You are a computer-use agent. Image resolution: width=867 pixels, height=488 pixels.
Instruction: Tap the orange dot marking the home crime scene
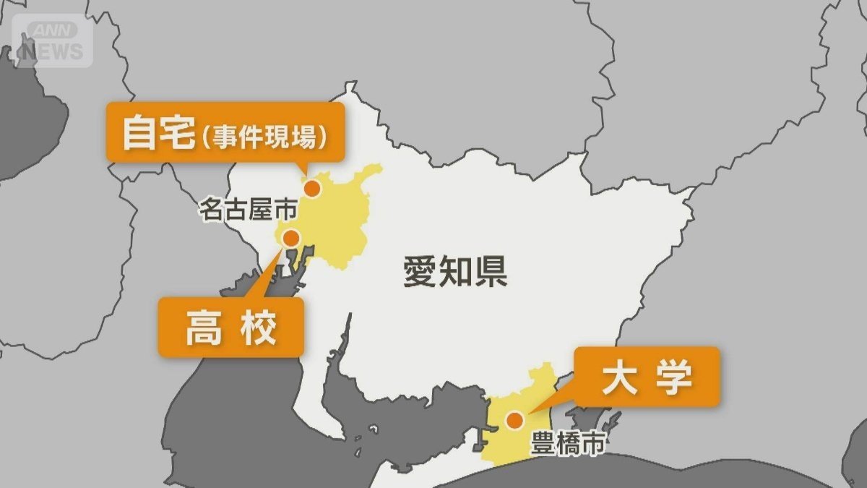point(312,189)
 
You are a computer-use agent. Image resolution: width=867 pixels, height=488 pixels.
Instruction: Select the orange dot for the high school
point(292,237)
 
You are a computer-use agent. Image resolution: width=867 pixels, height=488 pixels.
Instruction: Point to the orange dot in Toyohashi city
point(514,420)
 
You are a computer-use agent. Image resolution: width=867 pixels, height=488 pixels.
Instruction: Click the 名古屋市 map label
point(238,210)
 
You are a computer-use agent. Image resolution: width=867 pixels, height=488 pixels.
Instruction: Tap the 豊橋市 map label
point(567,443)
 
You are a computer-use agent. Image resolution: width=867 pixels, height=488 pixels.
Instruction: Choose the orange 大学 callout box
point(647,376)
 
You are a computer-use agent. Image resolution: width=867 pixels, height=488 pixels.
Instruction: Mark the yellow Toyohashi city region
point(520,441)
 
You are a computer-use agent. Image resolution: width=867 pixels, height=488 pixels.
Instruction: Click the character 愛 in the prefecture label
point(420,273)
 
